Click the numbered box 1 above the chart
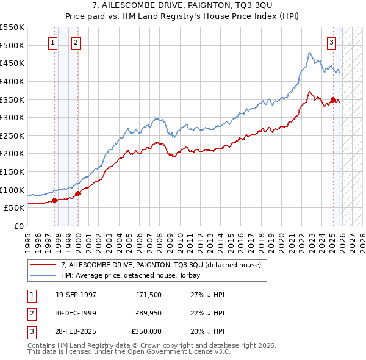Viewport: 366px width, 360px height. click(x=52, y=43)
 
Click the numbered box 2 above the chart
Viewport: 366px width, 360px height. click(x=75, y=43)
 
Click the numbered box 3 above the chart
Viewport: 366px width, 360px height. click(x=331, y=43)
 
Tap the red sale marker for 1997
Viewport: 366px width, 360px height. click(x=55, y=200)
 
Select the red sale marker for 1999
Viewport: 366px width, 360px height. click(x=77, y=193)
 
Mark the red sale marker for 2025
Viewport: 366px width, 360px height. click(x=333, y=99)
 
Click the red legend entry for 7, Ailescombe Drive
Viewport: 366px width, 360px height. click(x=160, y=265)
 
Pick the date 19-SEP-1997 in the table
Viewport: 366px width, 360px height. click(x=76, y=294)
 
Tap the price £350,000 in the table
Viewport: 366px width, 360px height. click(x=146, y=331)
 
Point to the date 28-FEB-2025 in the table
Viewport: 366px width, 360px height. click(x=76, y=331)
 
